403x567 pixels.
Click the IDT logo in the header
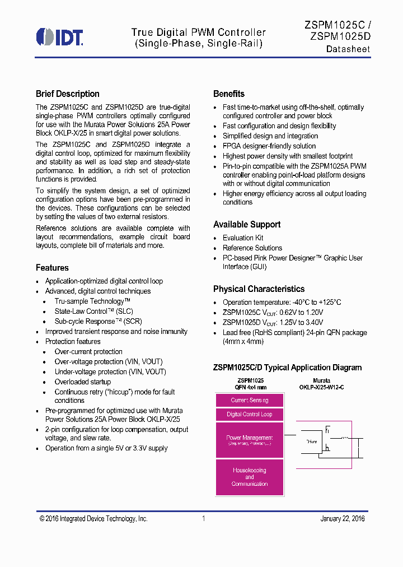pos(59,37)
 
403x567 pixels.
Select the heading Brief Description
pos(68,94)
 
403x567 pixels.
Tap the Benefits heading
pos(229,94)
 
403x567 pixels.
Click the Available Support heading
pos(247,225)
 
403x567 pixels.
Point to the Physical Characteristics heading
pos(259,289)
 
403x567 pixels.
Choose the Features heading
pos(52,268)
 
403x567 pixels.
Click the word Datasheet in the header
pos(348,49)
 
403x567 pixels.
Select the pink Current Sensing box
pos(250,400)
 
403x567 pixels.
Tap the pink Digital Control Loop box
pos(250,415)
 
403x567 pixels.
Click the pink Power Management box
pos(250,440)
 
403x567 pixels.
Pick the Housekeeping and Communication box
pos(250,477)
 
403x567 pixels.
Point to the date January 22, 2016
pos(343,519)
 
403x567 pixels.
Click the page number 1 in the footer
pos(204,519)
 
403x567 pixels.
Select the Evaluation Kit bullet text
pos(243,238)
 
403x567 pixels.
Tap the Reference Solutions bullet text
pos(252,248)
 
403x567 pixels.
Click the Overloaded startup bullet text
pos(82,382)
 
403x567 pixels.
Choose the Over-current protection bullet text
pos(88,352)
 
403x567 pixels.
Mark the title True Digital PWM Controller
pos(199,32)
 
